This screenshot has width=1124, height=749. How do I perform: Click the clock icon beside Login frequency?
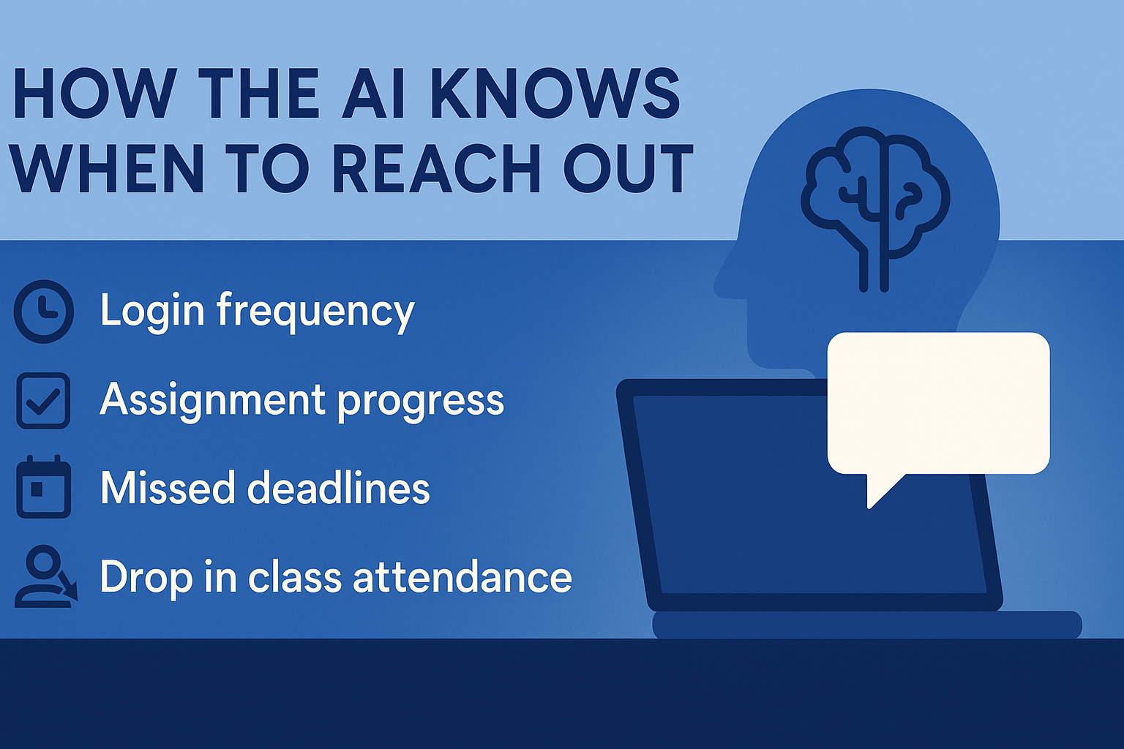[44, 312]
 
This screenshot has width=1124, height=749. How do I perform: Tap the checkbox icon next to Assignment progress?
[43, 401]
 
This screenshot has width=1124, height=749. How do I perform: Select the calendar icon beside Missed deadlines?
[43, 486]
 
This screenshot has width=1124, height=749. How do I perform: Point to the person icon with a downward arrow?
[45, 577]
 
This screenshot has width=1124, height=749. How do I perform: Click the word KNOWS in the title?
[555, 94]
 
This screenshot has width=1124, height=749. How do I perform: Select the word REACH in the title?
[437, 168]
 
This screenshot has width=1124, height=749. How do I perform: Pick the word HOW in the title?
[95, 94]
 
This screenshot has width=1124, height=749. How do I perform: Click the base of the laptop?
[867, 625]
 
